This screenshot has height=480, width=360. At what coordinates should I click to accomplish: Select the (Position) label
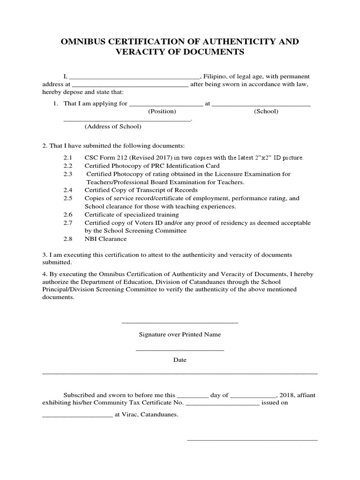point(162,112)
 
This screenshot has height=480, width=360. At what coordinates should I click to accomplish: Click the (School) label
point(266,112)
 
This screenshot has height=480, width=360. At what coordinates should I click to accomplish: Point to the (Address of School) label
point(113,127)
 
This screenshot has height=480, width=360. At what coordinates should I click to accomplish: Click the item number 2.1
point(68,158)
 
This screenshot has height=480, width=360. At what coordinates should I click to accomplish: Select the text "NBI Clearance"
point(105,239)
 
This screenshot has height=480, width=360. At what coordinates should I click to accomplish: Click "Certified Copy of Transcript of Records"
point(141,190)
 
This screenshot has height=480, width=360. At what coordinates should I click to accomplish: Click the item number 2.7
point(68,223)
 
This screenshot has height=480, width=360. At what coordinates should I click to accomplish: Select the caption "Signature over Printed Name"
point(180,335)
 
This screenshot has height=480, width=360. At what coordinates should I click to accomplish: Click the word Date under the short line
point(180,360)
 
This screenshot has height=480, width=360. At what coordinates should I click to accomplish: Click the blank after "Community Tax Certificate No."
point(223,403)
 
